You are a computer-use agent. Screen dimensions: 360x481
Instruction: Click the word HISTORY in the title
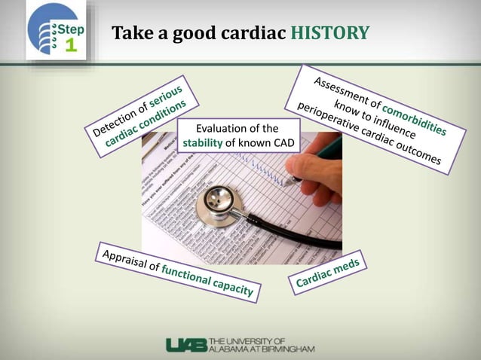coord(329,33)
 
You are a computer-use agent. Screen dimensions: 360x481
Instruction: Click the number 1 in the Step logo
coord(71,45)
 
